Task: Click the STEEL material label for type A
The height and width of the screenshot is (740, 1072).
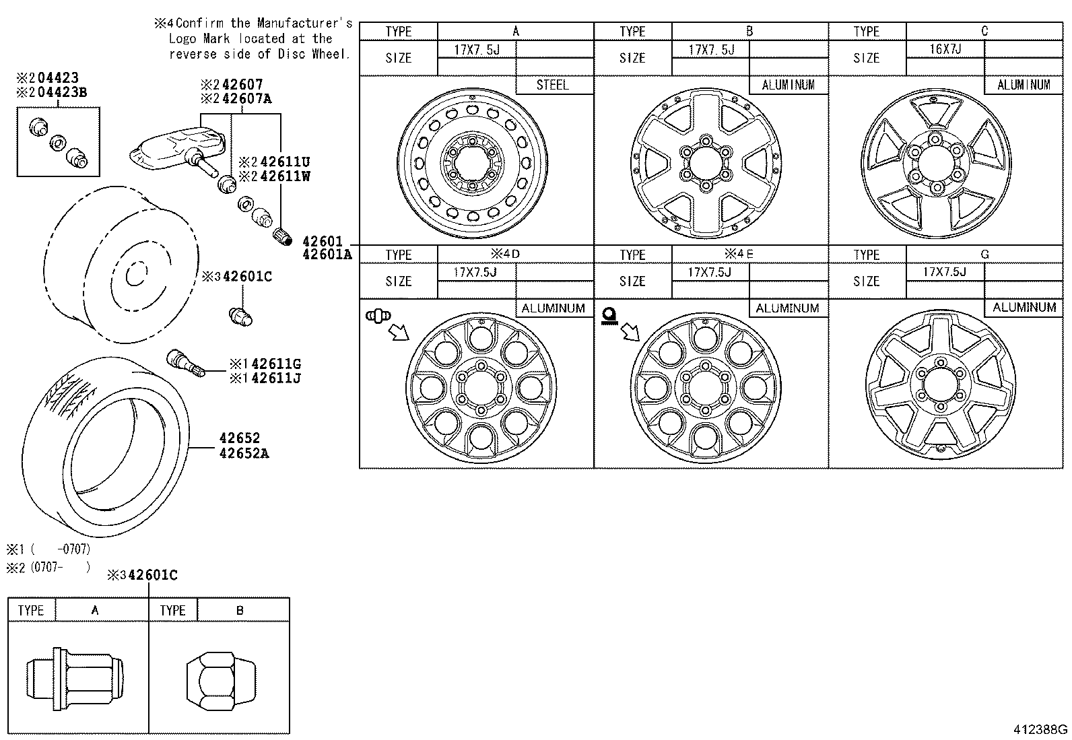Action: click(x=552, y=85)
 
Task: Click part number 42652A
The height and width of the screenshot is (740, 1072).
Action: click(x=244, y=453)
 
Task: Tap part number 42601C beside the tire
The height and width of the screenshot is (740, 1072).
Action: click(x=247, y=277)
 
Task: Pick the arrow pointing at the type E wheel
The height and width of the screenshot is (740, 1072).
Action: click(x=630, y=331)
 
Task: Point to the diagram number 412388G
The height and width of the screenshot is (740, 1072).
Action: click(x=1040, y=729)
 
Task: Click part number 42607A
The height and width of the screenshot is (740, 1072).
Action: click(x=246, y=99)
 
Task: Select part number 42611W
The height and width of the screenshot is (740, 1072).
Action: click(x=285, y=176)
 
